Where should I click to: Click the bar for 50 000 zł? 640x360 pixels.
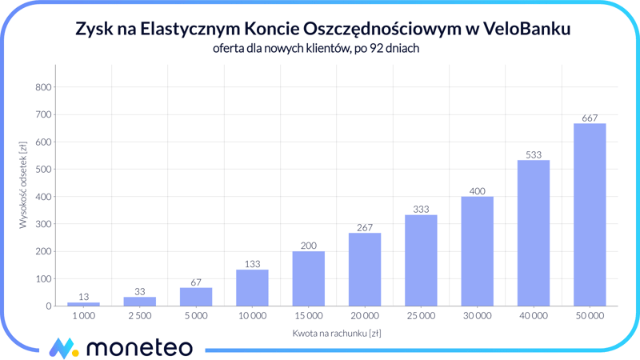click(590, 214)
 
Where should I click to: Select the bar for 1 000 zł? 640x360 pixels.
click(84, 304)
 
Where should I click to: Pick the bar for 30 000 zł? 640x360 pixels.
click(477, 251)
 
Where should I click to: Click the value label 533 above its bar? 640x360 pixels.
click(534, 154)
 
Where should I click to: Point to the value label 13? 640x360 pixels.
click(84, 298)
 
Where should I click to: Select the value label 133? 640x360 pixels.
click(252, 264)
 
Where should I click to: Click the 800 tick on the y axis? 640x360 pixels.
click(43, 87)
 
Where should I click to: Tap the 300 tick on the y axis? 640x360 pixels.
click(43, 224)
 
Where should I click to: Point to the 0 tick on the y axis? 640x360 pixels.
click(48, 306)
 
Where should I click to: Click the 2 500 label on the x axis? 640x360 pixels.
click(140, 316)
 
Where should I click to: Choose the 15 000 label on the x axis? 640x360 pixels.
click(308, 316)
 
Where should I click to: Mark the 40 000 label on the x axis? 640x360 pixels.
click(534, 316)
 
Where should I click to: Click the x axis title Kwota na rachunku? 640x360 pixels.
click(336, 333)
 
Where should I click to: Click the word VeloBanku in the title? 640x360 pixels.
click(528, 30)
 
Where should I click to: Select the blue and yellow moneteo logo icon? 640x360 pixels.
click(63, 348)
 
